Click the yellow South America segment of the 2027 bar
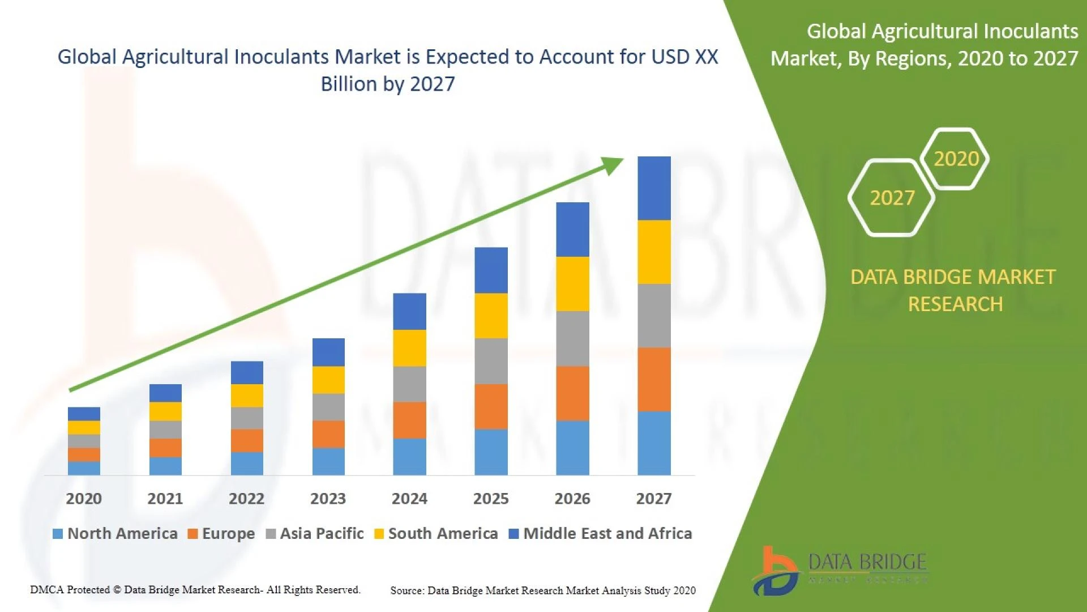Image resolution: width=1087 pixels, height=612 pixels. (x=654, y=252)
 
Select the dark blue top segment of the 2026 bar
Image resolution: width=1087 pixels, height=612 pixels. (x=572, y=229)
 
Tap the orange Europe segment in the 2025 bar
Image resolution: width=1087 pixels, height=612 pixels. (x=491, y=406)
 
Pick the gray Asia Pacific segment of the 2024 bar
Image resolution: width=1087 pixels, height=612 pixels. (x=409, y=384)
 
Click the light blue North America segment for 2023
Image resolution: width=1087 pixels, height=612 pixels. (x=328, y=461)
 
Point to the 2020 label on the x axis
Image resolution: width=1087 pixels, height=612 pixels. (x=84, y=499)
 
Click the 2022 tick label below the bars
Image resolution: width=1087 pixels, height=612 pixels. (x=246, y=499)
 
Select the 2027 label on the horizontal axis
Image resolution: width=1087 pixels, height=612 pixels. (x=653, y=499)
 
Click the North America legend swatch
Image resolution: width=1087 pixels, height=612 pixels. (x=57, y=534)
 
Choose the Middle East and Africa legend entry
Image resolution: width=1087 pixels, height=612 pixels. (x=607, y=534)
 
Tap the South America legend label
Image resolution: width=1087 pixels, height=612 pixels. (x=443, y=534)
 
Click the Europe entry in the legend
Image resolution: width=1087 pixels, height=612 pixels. (x=228, y=534)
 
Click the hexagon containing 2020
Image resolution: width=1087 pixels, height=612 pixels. (x=956, y=159)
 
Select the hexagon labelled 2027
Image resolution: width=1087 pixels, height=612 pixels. (x=892, y=198)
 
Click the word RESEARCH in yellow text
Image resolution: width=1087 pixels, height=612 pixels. (x=955, y=304)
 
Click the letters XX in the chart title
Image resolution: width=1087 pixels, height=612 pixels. (x=707, y=57)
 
